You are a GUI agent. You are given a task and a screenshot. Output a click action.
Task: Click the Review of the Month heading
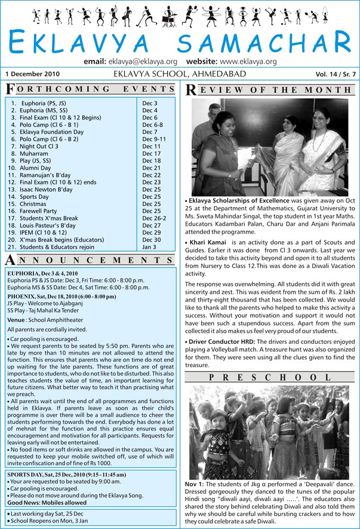click(272, 89)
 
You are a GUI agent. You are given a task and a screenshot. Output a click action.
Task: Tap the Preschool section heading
click(272, 377)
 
